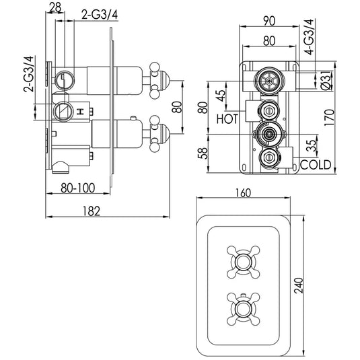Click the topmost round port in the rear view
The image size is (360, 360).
(267, 81)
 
